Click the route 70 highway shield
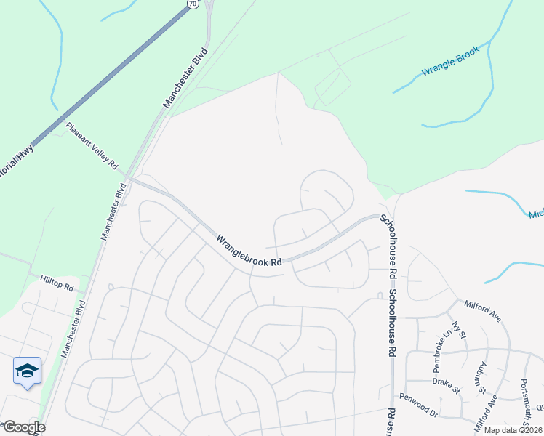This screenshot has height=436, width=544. pyautogui.click(x=192, y=4)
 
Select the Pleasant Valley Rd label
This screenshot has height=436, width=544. pyautogui.click(x=92, y=145)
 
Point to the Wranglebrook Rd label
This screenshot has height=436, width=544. pyautogui.click(x=249, y=251)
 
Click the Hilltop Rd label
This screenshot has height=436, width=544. pyautogui.click(x=58, y=283)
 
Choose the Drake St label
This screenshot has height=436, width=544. pyautogui.click(x=447, y=384)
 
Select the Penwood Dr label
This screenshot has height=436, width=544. pyautogui.click(x=418, y=405)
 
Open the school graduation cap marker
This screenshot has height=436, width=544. pyautogui.click(x=28, y=371)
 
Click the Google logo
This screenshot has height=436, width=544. pyautogui.click(x=23, y=427)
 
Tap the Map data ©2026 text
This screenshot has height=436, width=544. pyautogui.click(x=513, y=430)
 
